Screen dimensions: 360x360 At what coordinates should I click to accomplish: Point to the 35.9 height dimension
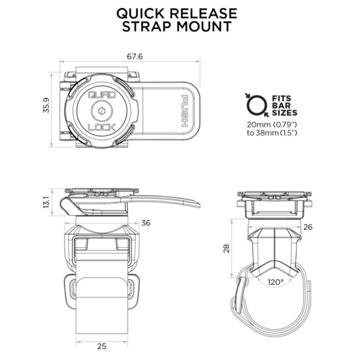(47, 107)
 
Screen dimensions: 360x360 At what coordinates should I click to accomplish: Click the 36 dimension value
(146, 223)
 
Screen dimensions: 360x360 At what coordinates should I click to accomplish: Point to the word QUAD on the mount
(102, 95)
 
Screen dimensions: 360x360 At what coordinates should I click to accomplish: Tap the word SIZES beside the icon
(285, 112)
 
